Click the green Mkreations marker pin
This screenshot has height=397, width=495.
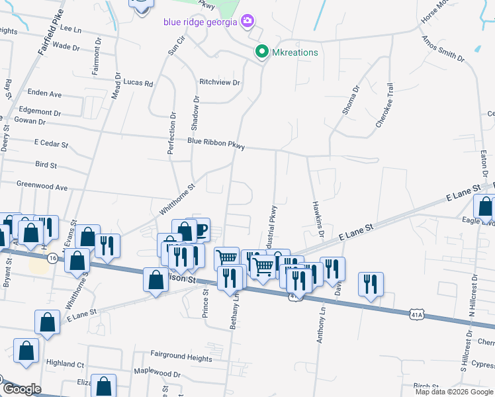point(261,52)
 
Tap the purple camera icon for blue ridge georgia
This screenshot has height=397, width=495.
point(247,21)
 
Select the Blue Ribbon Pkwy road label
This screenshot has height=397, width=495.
point(215,142)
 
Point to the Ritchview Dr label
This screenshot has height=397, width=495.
point(219,83)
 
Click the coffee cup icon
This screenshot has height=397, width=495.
point(200,230)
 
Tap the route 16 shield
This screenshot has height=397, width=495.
point(52,258)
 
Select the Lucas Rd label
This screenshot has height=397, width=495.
point(138,83)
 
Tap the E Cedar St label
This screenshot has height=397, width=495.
point(51,144)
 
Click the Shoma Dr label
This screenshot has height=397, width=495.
point(350,99)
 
